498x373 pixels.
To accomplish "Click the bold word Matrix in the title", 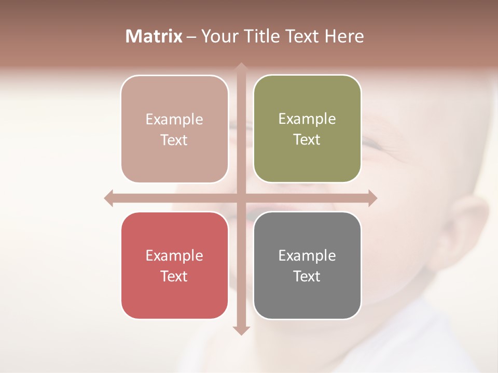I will [x=154, y=36].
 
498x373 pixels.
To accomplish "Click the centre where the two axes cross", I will [x=241, y=198].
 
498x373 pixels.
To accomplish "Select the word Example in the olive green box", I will [x=307, y=119].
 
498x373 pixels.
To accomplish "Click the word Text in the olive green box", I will [x=307, y=140].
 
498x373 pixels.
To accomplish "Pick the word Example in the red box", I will [x=174, y=255].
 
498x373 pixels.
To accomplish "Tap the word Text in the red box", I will [x=174, y=276].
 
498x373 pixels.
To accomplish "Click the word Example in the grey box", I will [x=307, y=255].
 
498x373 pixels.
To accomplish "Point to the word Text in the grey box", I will [x=307, y=276].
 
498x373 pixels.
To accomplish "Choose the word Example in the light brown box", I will [x=174, y=120].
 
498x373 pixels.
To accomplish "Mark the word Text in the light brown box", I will [x=174, y=140].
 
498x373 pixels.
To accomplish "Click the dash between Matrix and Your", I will [x=192, y=37].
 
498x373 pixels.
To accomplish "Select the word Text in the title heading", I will [x=303, y=36].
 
